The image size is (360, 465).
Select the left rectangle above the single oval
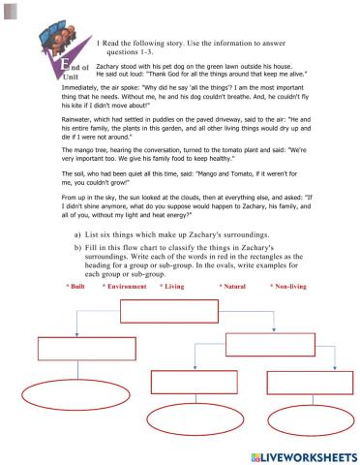pyautogui.click(x=73, y=347)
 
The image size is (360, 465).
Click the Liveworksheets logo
pyautogui.click(x=303, y=454)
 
